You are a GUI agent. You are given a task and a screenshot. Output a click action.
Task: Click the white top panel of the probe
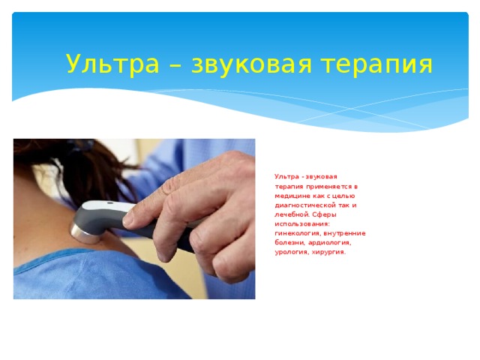105,206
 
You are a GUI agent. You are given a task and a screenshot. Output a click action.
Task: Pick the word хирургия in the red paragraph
328,252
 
